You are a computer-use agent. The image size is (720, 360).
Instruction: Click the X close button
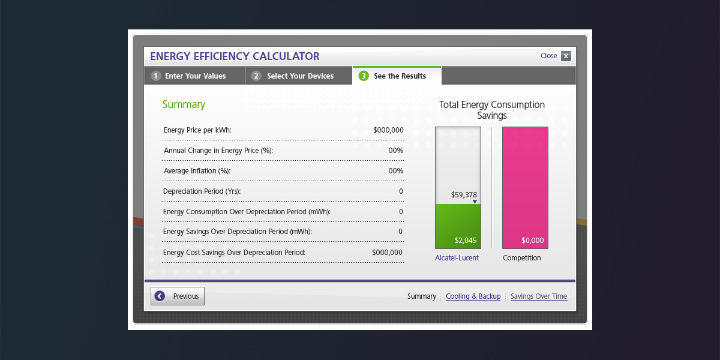566,56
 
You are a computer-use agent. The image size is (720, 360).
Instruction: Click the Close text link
548,56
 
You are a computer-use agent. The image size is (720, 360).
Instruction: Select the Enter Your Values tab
195,76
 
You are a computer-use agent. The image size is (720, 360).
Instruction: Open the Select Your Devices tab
299,76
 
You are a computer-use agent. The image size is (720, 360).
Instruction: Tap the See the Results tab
399,76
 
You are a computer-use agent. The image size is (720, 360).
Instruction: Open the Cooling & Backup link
473,296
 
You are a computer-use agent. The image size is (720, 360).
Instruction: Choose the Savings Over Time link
538,296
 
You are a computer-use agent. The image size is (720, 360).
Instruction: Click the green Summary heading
184,104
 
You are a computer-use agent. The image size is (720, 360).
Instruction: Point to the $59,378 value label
464,195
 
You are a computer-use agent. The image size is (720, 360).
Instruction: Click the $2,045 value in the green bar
466,241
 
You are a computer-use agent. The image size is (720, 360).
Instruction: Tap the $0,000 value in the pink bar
532,241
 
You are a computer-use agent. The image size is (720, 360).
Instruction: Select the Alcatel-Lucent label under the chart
457,258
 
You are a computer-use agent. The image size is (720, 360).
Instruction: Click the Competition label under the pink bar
521,258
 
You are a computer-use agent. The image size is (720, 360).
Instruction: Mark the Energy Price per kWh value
388,130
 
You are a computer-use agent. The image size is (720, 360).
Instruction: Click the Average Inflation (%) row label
197,171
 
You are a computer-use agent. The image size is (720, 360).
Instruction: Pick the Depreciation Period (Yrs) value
401,191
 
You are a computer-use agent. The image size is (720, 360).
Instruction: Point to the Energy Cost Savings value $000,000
387,253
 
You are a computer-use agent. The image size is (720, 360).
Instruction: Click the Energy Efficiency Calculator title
235,56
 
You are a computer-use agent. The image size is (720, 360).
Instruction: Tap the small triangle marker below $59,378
475,202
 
